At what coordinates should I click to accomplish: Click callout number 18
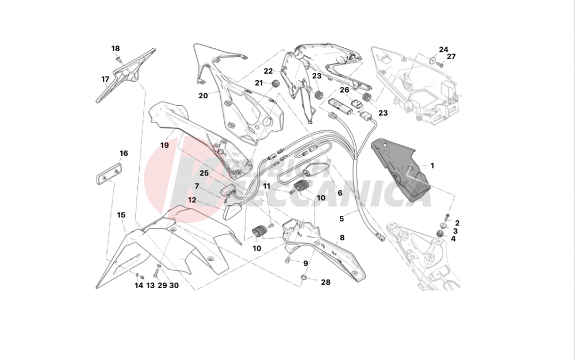pyautogui.click(x=116, y=49)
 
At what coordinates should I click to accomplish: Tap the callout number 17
pyautogui.click(x=105, y=79)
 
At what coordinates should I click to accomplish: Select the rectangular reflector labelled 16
pyautogui.click(x=107, y=174)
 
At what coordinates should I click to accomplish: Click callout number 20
pyautogui.click(x=203, y=96)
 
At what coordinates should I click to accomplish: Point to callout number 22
pyautogui.click(x=269, y=71)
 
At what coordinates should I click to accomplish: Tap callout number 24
pyautogui.click(x=443, y=49)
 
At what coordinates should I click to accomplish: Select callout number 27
pyautogui.click(x=451, y=56)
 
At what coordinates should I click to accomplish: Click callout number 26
pyautogui.click(x=344, y=90)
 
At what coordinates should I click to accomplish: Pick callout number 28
pyautogui.click(x=326, y=282)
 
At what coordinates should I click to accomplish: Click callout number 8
pyautogui.click(x=342, y=237)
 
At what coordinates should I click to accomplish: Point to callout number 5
pyautogui.click(x=342, y=219)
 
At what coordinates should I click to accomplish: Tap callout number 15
pyautogui.click(x=121, y=215)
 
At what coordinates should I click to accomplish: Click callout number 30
pyautogui.click(x=174, y=285)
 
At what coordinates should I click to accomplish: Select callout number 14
pyautogui.click(x=139, y=285)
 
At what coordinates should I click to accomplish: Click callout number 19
pyautogui.click(x=165, y=145)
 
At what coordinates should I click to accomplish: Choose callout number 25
pyautogui.click(x=204, y=173)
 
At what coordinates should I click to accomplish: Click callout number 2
pyautogui.click(x=457, y=223)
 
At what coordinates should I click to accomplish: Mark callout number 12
pyautogui.click(x=192, y=200)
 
